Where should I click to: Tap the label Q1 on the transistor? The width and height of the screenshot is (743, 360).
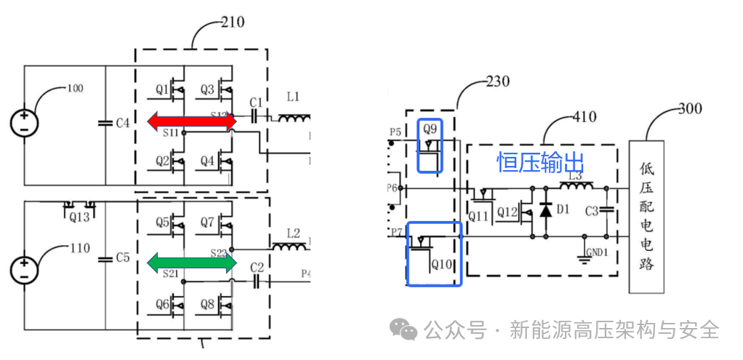(162, 89)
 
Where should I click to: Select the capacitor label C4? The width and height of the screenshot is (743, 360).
(123, 123)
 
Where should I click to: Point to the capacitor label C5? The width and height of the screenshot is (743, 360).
(123, 257)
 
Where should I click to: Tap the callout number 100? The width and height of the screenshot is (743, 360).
(75, 89)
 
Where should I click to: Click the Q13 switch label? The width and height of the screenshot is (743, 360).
(79, 216)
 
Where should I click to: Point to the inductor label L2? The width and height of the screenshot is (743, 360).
(293, 234)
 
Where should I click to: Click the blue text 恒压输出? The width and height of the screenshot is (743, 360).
(541, 161)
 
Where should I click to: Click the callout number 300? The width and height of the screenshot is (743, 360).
(690, 109)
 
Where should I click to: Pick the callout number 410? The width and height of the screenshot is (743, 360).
(584, 116)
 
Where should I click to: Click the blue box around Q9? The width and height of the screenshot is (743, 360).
(429, 145)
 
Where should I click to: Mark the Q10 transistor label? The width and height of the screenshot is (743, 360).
(441, 263)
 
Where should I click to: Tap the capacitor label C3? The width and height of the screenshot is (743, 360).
(591, 212)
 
